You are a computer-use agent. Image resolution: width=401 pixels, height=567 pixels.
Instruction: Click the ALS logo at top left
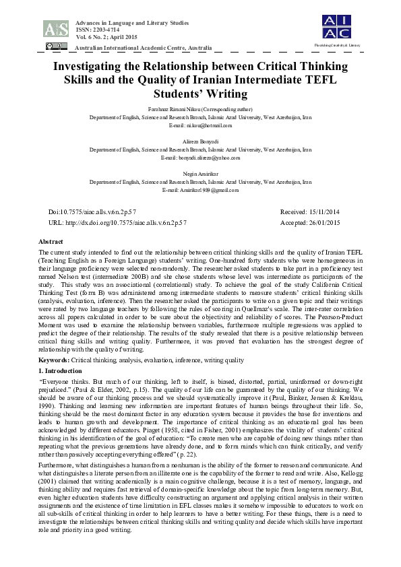point(55,28)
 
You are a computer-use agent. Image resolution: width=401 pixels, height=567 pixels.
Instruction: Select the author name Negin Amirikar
point(200,174)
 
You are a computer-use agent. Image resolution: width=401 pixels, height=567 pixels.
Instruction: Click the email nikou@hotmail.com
point(209,125)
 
